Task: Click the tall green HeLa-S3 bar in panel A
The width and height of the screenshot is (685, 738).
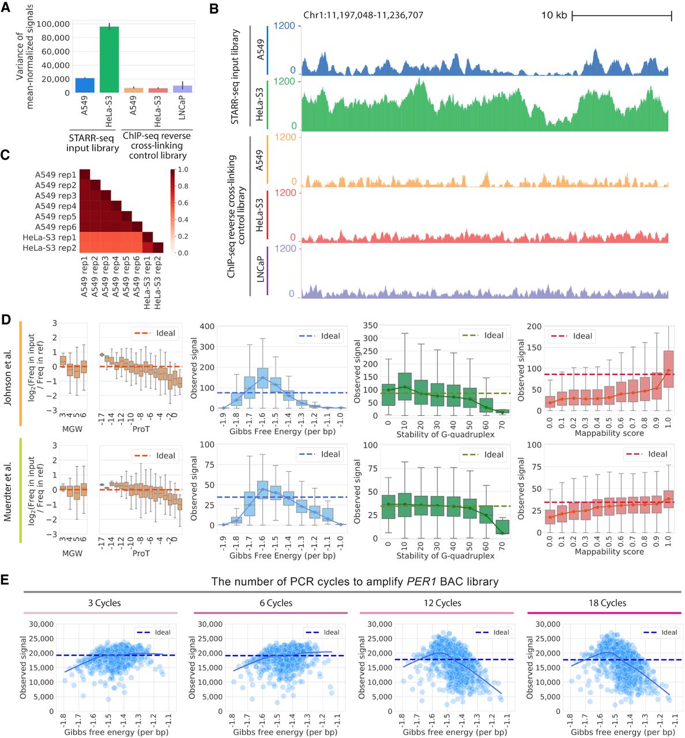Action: tap(109, 59)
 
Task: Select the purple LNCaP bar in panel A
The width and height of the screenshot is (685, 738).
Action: tap(182, 89)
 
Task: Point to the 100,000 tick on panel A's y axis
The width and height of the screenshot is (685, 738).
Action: tap(54, 24)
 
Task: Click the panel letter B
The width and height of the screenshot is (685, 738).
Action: tap(214, 9)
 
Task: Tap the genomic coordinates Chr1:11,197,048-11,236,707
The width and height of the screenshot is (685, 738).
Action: tap(363, 15)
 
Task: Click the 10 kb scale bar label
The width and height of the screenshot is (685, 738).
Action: tap(554, 15)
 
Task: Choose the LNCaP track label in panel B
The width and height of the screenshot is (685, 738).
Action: tap(260, 269)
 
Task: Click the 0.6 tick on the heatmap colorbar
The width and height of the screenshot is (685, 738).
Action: tap(182, 203)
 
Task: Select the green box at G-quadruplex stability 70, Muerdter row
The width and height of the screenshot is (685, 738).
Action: tap(502, 527)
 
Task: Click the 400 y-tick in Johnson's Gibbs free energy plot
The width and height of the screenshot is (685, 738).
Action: tap(206, 326)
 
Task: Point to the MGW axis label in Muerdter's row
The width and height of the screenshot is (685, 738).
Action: tap(72, 553)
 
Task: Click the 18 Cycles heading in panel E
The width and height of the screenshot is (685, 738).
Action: tap(607, 603)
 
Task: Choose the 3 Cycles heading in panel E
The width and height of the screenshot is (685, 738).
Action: tap(104, 603)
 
